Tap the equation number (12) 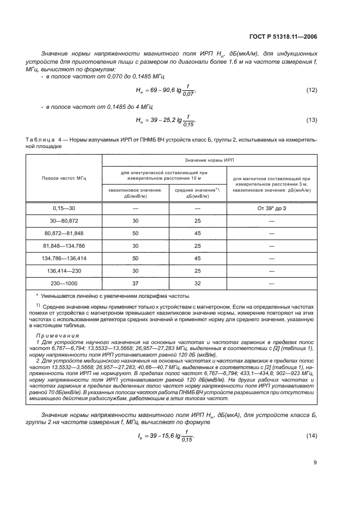click(312, 89)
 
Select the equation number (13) click(312, 120)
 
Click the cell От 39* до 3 click(271, 208)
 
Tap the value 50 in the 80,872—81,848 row click(136, 233)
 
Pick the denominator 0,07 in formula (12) click(188, 94)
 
